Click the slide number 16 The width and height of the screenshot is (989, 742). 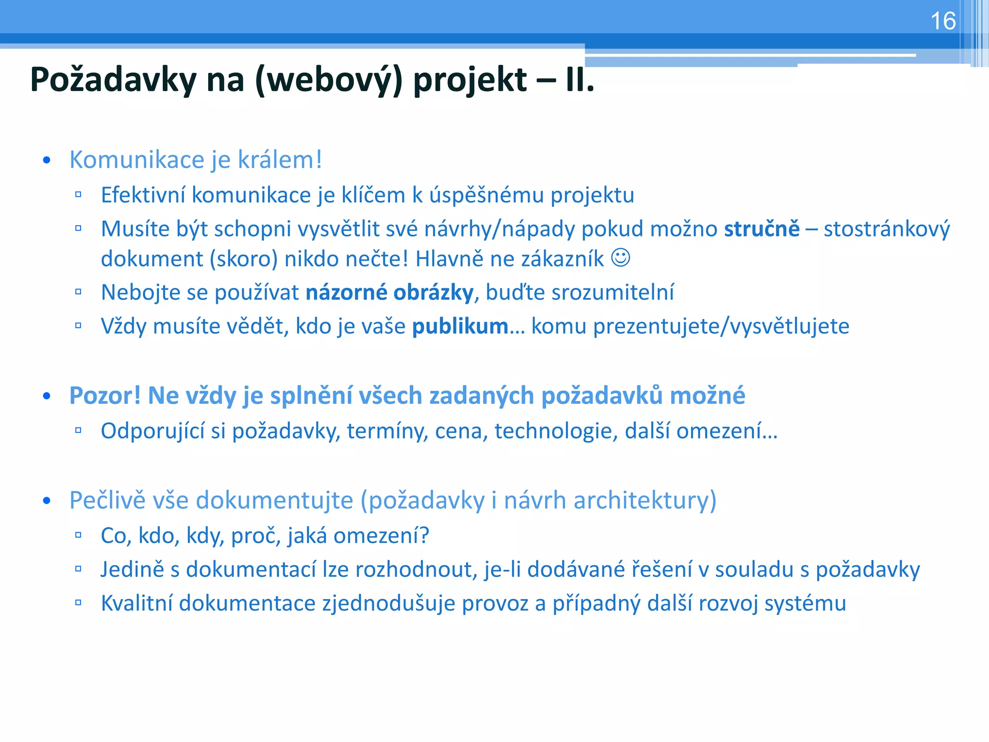943,21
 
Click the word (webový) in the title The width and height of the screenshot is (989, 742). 329,80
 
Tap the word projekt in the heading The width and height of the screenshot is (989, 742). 470,80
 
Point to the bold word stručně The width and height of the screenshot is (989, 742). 762,229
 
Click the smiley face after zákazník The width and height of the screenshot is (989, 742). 621,257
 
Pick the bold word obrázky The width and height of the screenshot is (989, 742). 433,293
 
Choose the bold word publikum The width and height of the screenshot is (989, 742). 460,327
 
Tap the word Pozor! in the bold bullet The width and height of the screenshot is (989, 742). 105,396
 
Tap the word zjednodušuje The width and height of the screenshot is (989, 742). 388,604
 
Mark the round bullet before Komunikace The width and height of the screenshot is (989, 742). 46,161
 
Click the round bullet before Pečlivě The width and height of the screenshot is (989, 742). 46,501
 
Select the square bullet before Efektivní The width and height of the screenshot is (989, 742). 78,195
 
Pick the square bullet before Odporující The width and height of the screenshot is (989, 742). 78,430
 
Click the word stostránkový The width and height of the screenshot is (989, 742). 887,229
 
